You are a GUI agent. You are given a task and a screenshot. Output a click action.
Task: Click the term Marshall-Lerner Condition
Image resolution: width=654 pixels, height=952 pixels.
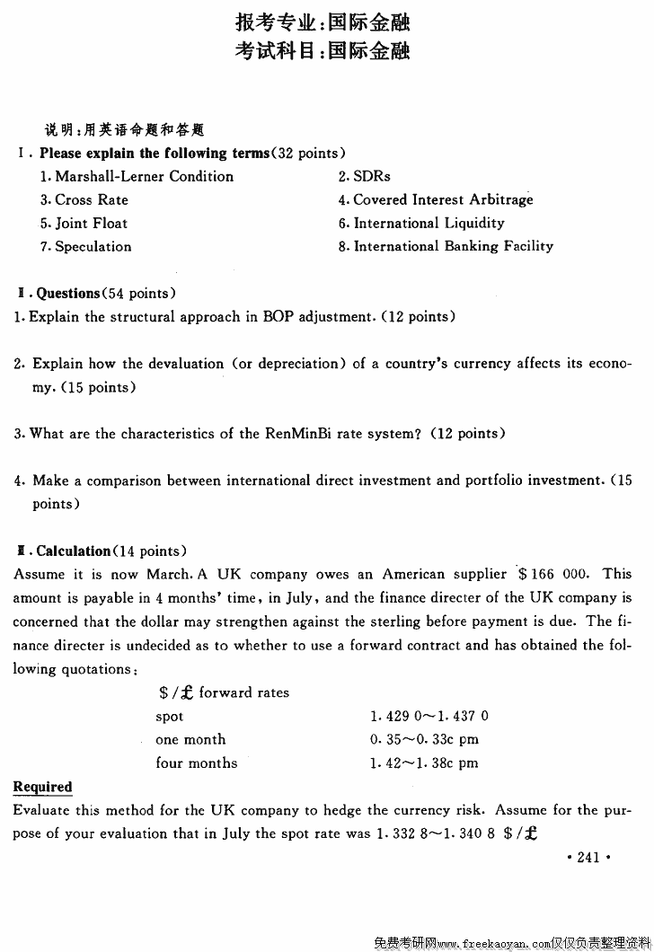click(144, 177)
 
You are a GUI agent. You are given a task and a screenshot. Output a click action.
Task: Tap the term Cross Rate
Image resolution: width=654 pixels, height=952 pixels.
click(92, 200)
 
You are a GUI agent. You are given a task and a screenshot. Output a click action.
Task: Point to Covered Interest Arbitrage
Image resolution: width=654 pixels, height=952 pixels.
click(443, 200)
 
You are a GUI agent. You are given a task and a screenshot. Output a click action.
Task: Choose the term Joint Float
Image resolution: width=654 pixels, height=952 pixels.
click(92, 224)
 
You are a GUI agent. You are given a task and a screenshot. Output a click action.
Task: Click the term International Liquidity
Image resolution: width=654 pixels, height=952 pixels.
click(429, 224)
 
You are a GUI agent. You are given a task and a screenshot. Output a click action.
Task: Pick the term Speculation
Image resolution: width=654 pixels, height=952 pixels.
click(93, 247)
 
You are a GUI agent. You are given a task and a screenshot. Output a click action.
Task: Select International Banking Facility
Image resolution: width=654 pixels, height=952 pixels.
click(453, 246)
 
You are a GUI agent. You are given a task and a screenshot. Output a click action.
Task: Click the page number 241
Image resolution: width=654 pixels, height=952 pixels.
click(588, 858)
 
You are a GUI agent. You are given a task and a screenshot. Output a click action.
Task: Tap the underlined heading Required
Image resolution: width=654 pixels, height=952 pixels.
click(42, 787)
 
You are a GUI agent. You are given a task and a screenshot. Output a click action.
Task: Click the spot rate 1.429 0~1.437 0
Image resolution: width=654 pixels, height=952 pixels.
click(429, 717)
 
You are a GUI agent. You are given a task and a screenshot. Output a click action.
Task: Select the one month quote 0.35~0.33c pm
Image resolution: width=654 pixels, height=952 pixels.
click(423, 740)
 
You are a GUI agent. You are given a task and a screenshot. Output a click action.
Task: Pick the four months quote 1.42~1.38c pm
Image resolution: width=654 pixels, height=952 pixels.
click(423, 763)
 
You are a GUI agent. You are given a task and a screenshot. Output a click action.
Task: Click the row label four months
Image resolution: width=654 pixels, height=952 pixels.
click(196, 763)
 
